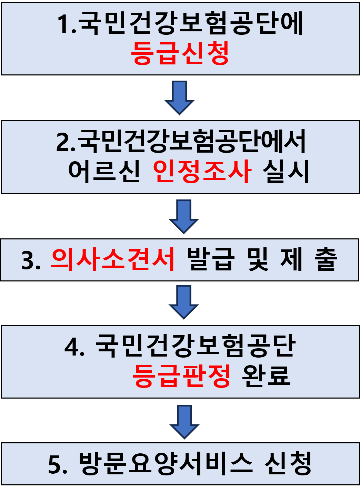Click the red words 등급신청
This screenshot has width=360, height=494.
pos(180,53)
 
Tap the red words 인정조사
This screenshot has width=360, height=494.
pos(202,171)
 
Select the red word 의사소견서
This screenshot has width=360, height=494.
pos(113,259)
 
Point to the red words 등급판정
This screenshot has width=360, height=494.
pos(181,375)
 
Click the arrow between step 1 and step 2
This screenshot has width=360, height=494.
pos(179,97)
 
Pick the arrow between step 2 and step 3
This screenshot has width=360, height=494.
pos(184,216)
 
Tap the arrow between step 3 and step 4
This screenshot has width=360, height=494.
pos(184,301)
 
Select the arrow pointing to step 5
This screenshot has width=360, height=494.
pos(184,421)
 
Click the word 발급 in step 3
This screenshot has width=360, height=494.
pos(211,259)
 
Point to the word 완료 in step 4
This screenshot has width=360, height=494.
pos(266,375)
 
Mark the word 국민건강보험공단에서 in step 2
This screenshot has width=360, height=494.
pos(192,142)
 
